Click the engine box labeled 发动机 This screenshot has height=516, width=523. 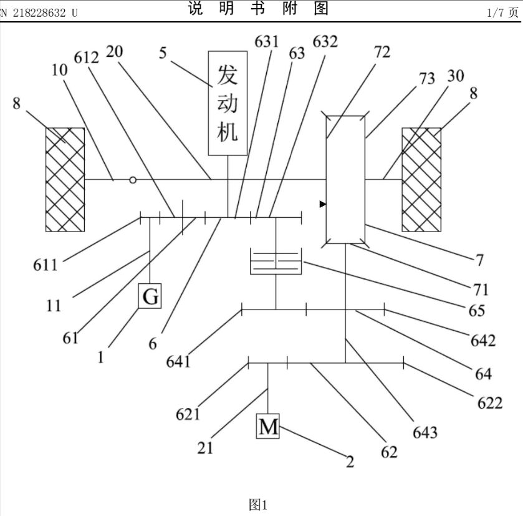click(228, 102)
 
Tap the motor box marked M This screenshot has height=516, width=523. click(268, 427)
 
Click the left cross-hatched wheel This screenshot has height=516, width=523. click(65, 180)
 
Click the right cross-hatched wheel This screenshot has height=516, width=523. click(421, 180)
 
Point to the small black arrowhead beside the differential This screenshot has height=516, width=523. click(323, 204)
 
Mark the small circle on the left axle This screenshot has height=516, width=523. click(132, 180)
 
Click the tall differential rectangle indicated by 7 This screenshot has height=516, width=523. click(345, 180)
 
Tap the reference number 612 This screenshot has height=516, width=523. click(87, 57)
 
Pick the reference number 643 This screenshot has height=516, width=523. click(425, 432)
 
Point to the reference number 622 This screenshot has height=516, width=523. click(489, 402)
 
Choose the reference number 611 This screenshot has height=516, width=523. click(46, 265)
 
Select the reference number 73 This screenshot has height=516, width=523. click(426, 78)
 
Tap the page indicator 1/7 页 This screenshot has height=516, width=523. click(504, 12)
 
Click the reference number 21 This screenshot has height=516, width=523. click(205, 447)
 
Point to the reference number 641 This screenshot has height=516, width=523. click(179, 361)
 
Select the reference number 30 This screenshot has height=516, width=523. click(456, 75)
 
